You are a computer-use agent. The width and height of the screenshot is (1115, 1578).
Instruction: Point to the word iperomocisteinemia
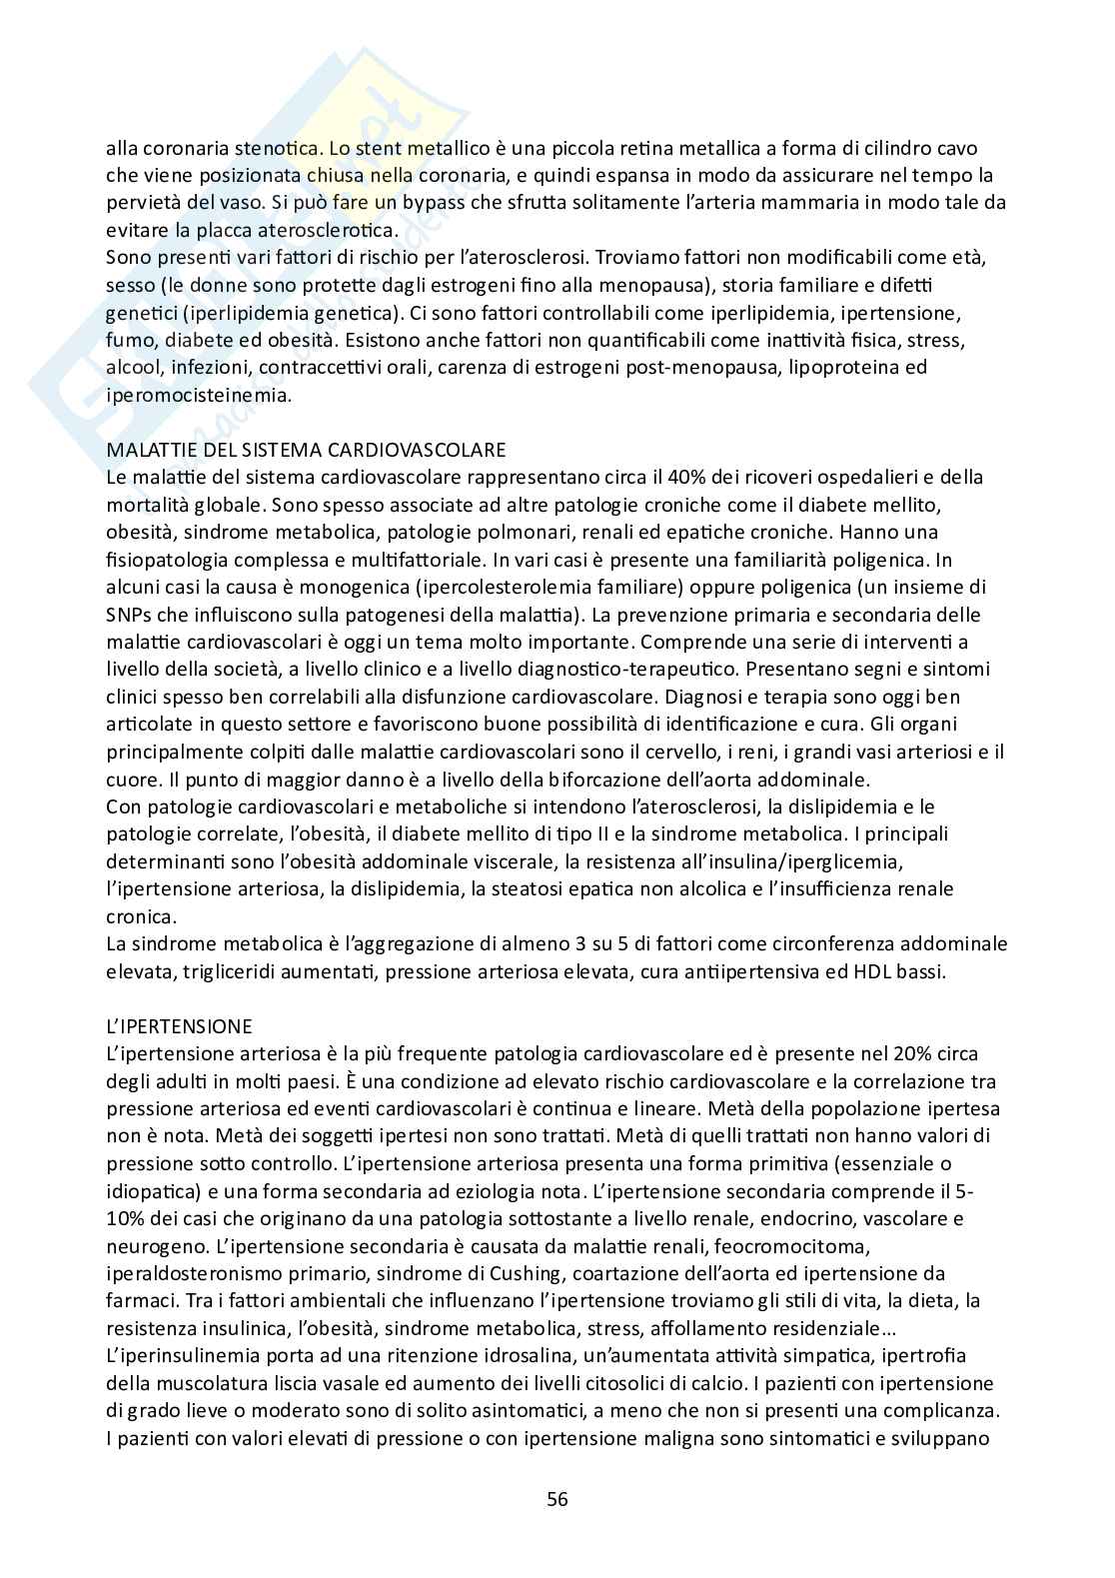pyautogui.click(x=199, y=395)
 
